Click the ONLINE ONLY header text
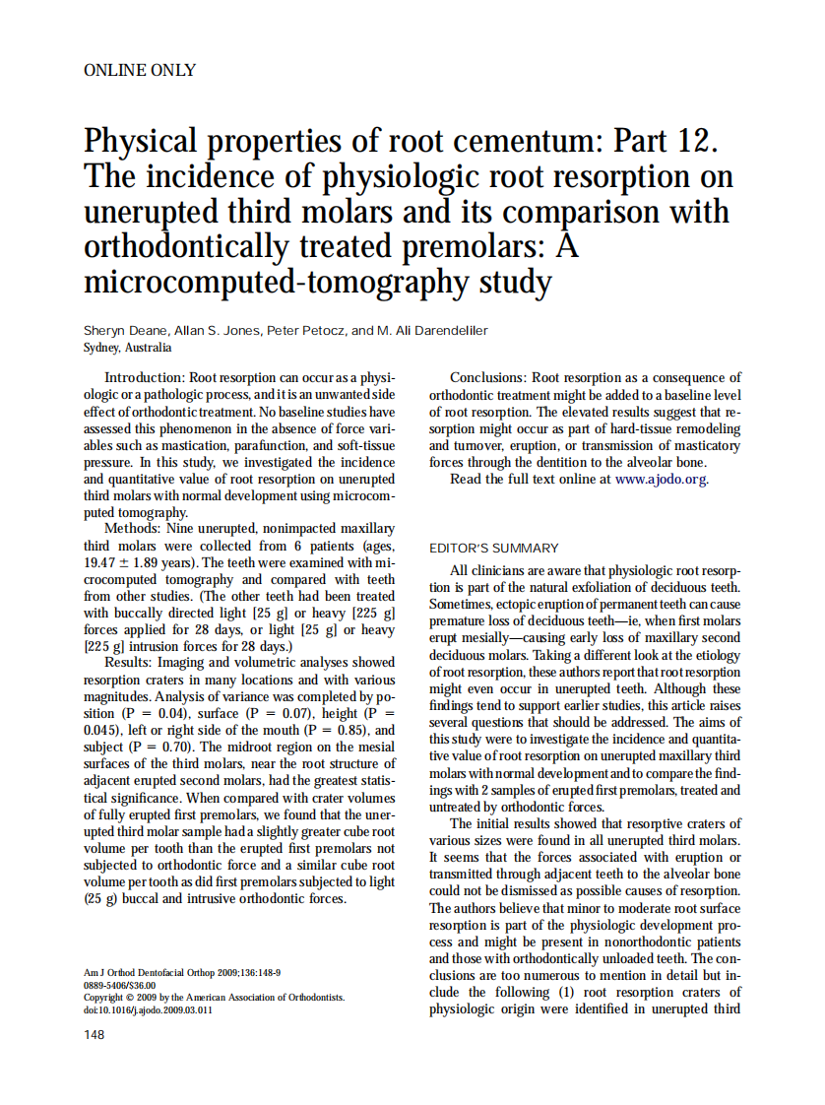click(x=140, y=71)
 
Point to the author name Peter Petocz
click(x=306, y=330)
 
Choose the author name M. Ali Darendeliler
click(x=431, y=330)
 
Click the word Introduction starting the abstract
click(x=144, y=378)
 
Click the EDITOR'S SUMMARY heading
click(x=494, y=549)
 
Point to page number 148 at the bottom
click(x=95, y=1034)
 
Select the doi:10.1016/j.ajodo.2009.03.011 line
click(x=149, y=1009)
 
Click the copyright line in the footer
click(x=215, y=997)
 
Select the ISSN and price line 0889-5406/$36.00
click(x=119, y=984)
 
